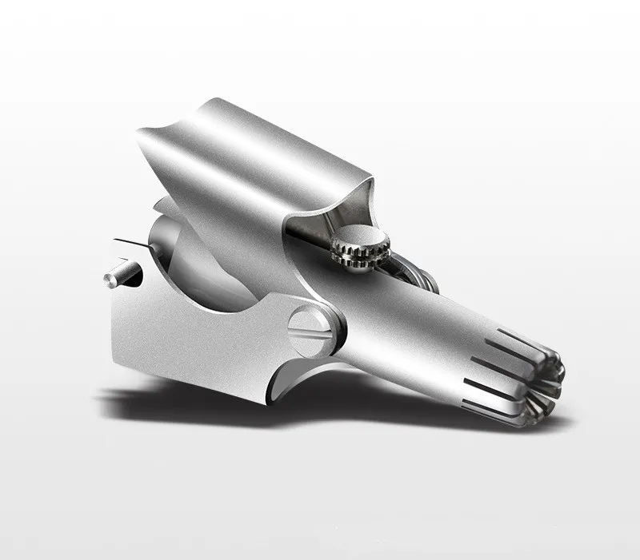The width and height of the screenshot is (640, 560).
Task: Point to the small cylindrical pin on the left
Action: coord(119,276)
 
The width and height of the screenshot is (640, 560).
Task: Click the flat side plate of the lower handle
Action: coord(176,336)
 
